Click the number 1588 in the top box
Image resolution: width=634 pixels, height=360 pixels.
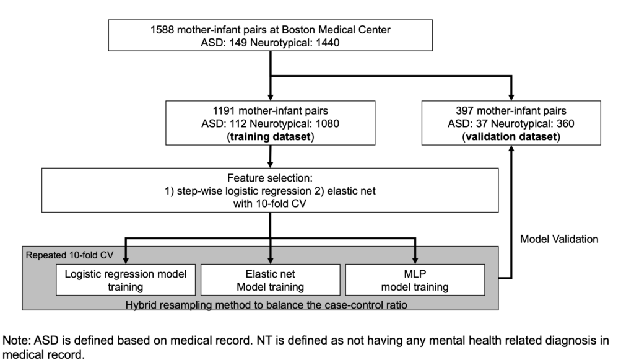tap(162, 30)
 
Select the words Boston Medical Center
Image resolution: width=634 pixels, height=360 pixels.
tap(336, 30)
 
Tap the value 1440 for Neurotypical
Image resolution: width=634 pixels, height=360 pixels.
tap(328, 43)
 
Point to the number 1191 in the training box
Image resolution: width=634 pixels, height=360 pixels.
tap(224, 111)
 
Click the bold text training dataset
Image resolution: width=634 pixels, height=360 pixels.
tap(270, 137)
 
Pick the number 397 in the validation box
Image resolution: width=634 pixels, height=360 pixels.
tap(464, 111)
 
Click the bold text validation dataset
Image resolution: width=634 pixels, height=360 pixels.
tap(511, 137)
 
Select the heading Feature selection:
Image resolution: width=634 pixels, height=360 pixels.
tap(270, 178)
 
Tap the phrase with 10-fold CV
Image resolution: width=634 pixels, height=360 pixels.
tap(270, 203)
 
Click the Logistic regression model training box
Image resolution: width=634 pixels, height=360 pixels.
tap(126, 280)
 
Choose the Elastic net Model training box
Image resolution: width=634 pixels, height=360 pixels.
tap(271, 280)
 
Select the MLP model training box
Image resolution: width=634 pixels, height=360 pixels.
tap(415, 280)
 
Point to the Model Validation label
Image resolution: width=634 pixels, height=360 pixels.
tap(559, 239)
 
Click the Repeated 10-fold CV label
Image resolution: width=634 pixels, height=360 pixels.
tap(69, 255)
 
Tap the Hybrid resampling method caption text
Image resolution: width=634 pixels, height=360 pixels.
tap(266, 305)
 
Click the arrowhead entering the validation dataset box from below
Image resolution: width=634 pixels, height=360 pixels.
tap(511, 149)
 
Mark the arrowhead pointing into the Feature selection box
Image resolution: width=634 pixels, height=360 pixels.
tap(270, 164)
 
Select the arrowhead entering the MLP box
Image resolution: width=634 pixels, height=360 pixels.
tap(415, 260)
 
